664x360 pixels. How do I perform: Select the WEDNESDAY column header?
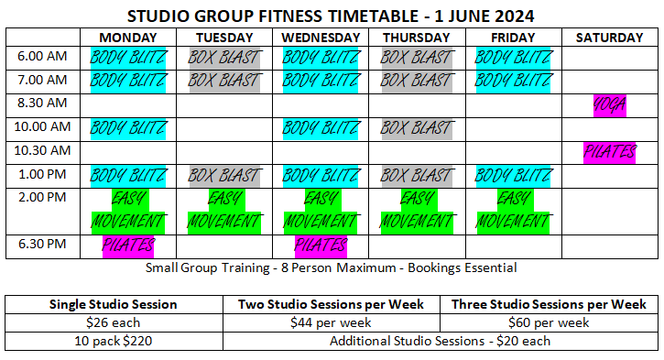pyautogui.click(x=321, y=38)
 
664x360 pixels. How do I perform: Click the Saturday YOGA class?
pyautogui.click(x=609, y=104)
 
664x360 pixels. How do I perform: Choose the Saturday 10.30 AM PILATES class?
pyautogui.click(x=609, y=151)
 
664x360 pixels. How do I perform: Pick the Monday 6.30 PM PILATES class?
pyautogui.click(x=128, y=245)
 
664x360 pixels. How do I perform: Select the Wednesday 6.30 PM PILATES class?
pyautogui.click(x=321, y=245)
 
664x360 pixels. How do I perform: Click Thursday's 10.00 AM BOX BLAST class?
pyautogui.click(x=417, y=127)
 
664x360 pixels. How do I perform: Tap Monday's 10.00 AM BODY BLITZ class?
pyautogui.click(x=128, y=127)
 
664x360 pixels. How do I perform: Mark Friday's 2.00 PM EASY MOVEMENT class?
pyautogui.click(x=513, y=210)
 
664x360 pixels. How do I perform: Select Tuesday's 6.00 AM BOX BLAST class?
pyautogui.click(x=224, y=57)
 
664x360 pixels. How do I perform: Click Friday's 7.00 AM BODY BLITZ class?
pyautogui.click(x=513, y=80)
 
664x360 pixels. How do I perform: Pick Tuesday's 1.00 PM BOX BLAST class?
pyautogui.click(x=224, y=174)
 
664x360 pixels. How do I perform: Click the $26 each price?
pyautogui.click(x=113, y=322)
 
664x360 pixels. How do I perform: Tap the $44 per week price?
pyautogui.click(x=331, y=322)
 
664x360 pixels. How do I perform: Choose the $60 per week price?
pyautogui.click(x=548, y=322)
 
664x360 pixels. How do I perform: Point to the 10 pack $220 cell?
pyautogui.click(x=113, y=341)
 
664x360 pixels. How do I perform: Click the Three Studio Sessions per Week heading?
pyautogui.click(x=548, y=304)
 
